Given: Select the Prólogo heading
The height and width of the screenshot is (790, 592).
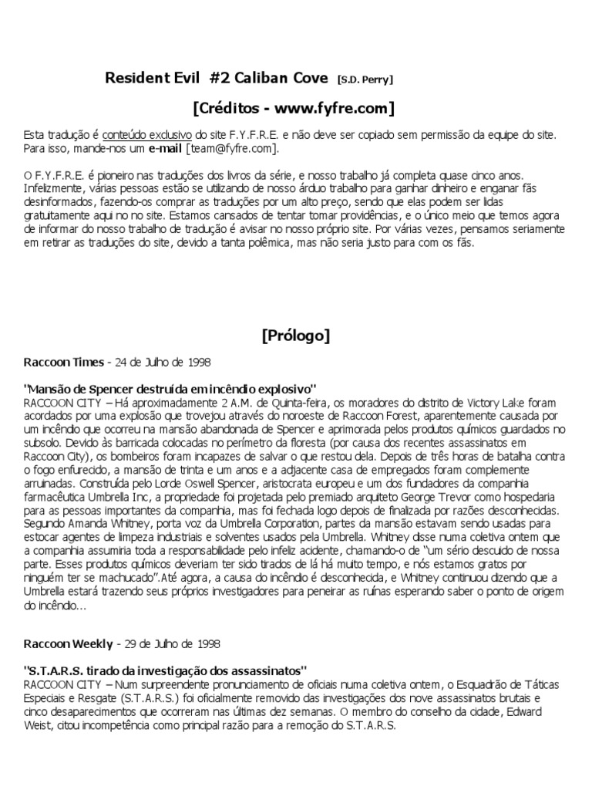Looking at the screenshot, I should (x=296, y=335).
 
